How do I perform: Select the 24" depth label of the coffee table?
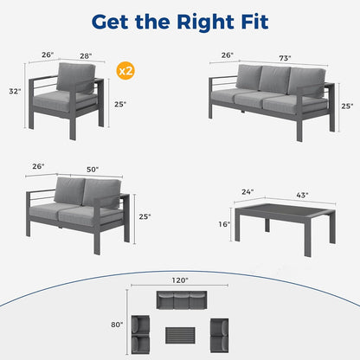point(248,192)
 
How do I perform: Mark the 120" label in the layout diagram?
point(181,281)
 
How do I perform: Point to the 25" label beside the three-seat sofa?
point(347,106)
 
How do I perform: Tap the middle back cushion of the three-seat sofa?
point(274,79)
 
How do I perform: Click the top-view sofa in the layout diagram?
point(181,301)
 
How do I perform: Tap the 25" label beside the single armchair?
point(119,105)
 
